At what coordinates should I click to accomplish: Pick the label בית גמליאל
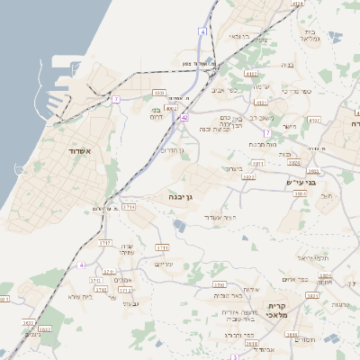(x=310, y=34)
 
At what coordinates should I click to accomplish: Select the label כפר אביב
(x=223, y=90)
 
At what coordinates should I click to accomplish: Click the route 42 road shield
(x=184, y=117)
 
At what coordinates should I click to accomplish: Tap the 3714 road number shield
(x=128, y=206)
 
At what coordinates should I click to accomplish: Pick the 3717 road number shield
(x=104, y=243)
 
